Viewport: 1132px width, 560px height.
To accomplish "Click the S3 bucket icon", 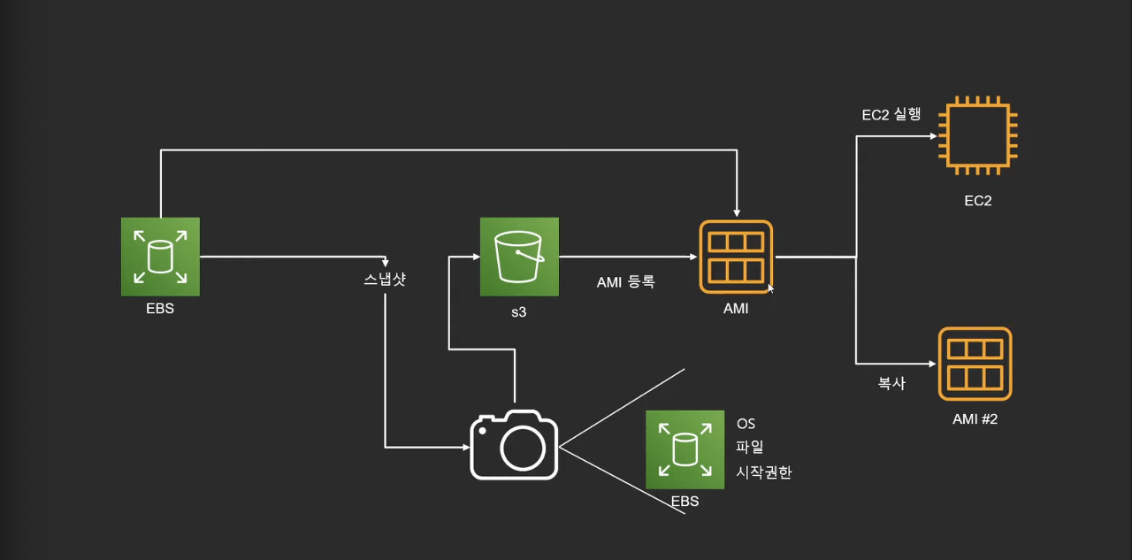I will point(519,257).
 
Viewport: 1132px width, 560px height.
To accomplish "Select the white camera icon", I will point(514,444).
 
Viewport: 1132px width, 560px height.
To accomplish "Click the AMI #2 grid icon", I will point(975,364).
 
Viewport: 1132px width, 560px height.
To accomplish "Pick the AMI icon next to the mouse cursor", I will point(736,257).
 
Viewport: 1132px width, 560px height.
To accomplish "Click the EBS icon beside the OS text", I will point(685,449).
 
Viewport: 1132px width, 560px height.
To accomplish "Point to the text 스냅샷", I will point(385,280).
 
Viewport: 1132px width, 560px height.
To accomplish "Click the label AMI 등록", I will point(625,282).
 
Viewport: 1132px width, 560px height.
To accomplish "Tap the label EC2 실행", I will point(891,114).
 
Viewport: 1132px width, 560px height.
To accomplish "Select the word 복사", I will point(891,385).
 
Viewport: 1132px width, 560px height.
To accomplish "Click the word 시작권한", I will point(764,472).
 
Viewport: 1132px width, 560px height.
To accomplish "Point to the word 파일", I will point(749,448).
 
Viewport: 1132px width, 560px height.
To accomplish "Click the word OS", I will point(746,424).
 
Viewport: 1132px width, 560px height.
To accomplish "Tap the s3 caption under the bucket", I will point(518,311).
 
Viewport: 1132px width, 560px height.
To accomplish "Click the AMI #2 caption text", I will point(975,418).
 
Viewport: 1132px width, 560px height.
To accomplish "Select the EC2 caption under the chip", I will point(977,201).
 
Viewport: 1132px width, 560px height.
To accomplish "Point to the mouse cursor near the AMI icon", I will point(770,288).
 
